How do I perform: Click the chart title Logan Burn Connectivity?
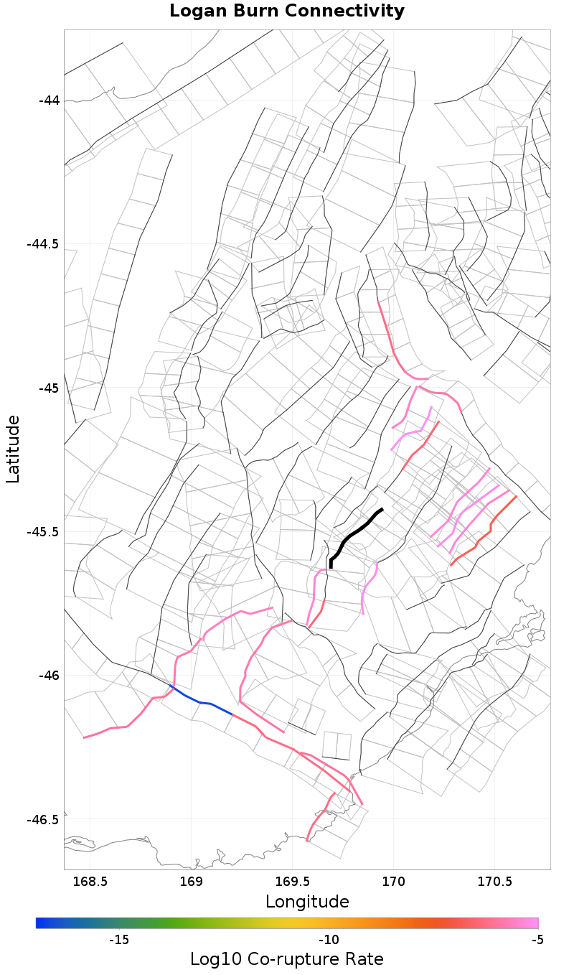tap(287, 11)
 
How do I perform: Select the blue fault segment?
tap(201, 702)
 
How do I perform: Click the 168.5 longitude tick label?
tap(90, 881)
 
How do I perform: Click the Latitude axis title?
tap(13, 449)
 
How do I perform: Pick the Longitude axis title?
tap(307, 902)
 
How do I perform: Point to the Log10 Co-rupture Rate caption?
tap(287, 959)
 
